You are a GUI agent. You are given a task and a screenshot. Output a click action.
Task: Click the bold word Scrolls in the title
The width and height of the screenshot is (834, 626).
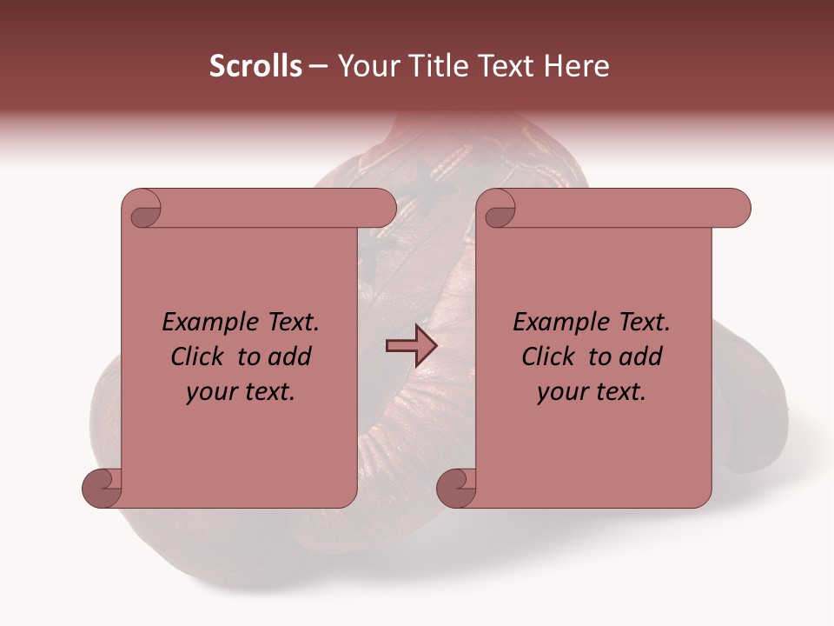pyautogui.click(x=255, y=66)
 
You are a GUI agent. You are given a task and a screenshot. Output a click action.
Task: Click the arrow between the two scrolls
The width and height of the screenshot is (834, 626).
pyautogui.click(x=411, y=345)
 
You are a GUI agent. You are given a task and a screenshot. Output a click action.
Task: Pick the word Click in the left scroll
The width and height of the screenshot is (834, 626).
pyautogui.click(x=199, y=356)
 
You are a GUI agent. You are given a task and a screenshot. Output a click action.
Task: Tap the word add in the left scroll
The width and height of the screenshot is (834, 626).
pyautogui.click(x=290, y=356)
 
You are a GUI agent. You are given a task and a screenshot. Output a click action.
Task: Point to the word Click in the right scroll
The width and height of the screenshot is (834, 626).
pyautogui.click(x=550, y=356)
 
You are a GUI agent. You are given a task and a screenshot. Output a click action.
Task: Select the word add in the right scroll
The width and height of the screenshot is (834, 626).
pyautogui.click(x=641, y=356)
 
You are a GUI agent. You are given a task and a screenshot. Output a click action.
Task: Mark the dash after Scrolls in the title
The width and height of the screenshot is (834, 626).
pyautogui.click(x=318, y=66)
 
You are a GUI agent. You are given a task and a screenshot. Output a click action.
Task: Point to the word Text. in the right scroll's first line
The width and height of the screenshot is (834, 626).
pyautogui.click(x=639, y=323)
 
